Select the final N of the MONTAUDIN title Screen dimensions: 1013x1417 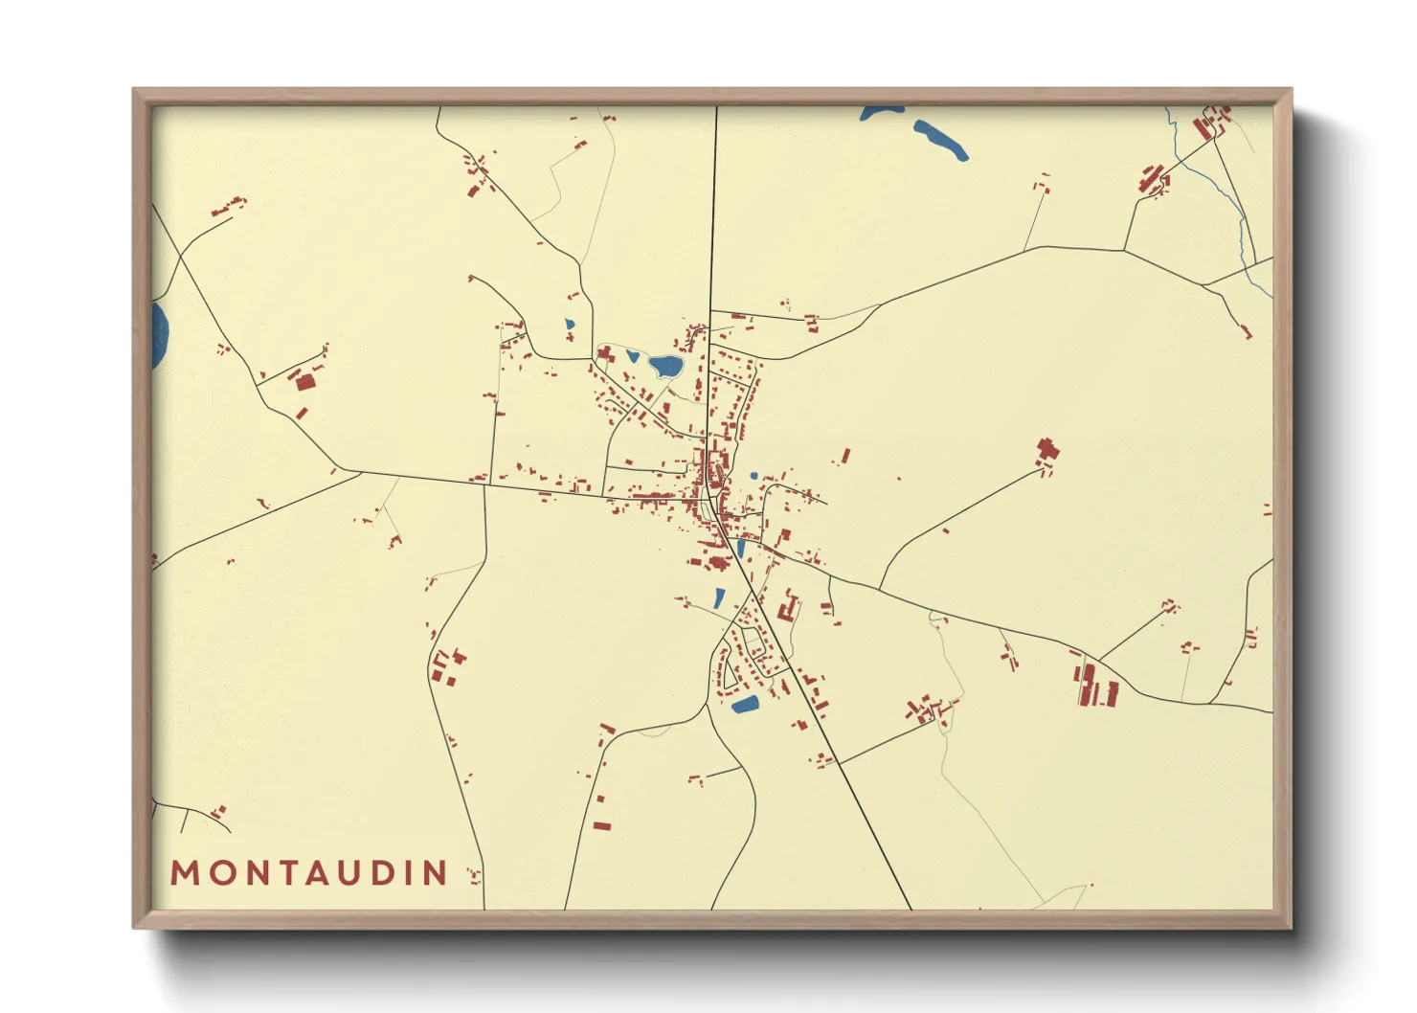pos(437,872)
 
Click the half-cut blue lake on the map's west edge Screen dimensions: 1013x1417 pos(159,336)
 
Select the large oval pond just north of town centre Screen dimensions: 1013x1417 pos(665,365)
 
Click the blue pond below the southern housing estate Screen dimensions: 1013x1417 pos(745,705)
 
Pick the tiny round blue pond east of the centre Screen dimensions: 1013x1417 pos(753,475)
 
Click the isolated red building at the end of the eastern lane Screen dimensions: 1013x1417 pos(1047,451)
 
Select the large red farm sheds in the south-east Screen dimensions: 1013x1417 pos(1097,686)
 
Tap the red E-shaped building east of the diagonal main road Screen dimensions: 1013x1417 pos(789,607)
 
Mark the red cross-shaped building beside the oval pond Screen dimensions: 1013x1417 pos(605,354)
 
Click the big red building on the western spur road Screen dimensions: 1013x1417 pos(304,381)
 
